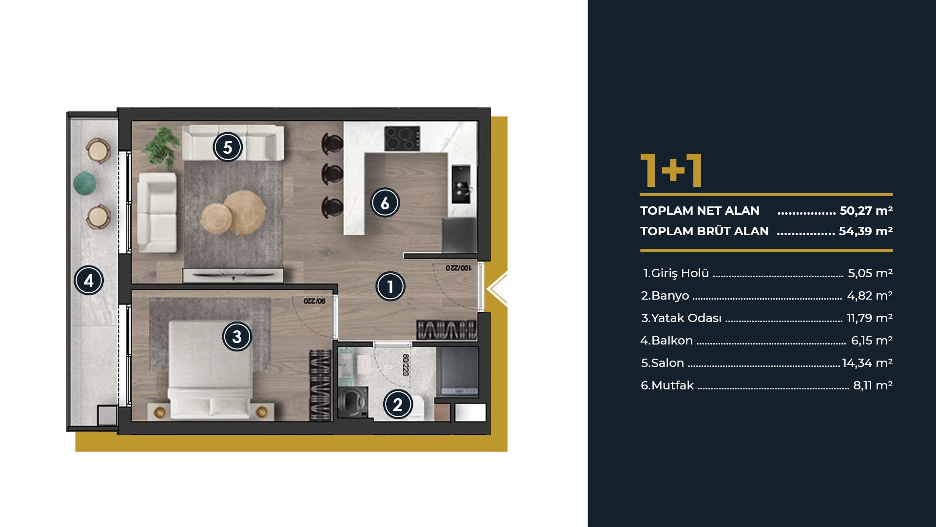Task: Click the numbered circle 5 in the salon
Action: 228,147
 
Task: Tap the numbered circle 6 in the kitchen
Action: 385,203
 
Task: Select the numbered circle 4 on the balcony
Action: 89,281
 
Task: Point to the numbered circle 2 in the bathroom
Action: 398,405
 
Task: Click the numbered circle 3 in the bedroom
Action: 237,336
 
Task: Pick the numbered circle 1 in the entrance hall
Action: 390,286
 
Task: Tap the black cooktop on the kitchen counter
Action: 402,139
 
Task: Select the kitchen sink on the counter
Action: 461,184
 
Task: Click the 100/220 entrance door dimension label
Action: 458,268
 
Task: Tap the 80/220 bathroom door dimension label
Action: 406,365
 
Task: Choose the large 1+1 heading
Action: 671,170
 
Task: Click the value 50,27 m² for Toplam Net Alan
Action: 866,211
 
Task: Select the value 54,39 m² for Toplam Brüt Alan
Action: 865,231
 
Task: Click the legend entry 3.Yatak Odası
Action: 681,318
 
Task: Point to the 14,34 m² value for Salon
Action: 867,363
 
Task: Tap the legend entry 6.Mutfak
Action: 667,385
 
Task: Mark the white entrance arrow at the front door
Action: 497,289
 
